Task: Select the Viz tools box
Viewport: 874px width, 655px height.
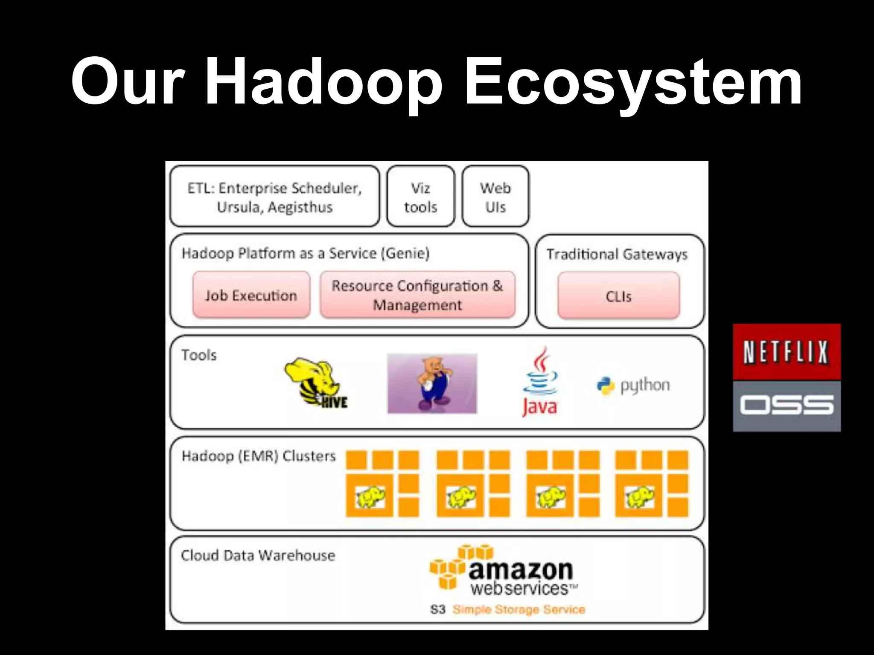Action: click(x=421, y=197)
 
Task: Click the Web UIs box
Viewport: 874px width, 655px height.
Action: click(x=495, y=197)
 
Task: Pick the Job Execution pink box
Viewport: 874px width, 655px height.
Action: click(x=251, y=295)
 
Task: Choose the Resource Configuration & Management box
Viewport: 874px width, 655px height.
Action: click(x=417, y=295)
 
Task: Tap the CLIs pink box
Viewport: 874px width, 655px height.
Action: click(x=618, y=296)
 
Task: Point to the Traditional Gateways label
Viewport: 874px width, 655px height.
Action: click(x=617, y=254)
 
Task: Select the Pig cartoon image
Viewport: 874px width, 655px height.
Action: click(x=432, y=383)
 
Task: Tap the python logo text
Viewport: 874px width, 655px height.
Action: click(x=644, y=385)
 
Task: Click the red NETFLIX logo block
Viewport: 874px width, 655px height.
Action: click(x=787, y=351)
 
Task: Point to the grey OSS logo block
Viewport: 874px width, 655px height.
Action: click(x=787, y=406)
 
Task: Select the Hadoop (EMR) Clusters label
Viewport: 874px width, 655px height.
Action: click(x=259, y=456)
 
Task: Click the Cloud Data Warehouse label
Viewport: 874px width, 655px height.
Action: click(x=258, y=555)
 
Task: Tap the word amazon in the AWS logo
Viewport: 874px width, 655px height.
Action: click(x=521, y=570)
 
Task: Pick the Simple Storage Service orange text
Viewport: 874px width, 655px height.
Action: click(x=519, y=609)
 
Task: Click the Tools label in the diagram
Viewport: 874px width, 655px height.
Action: click(x=199, y=355)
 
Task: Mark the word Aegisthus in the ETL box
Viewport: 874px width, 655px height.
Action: click(x=300, y=207)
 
